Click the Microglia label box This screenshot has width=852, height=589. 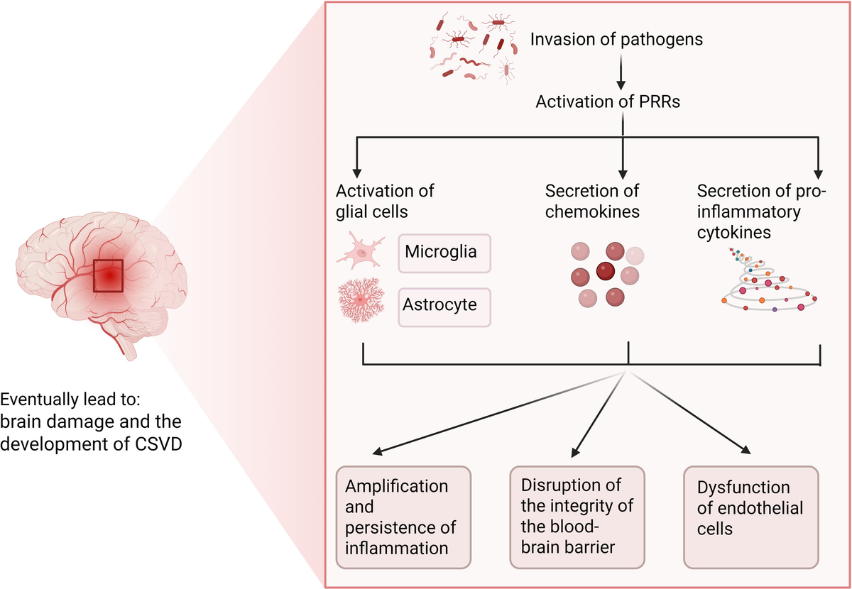tap(444, 253)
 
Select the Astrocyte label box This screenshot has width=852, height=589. tap(444, 307)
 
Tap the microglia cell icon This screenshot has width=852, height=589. tap(361, 253)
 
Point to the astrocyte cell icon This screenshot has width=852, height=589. tap(361, 302)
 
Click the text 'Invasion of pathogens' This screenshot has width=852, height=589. tap(617, 40)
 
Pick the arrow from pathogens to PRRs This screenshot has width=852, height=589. tap(622, 70)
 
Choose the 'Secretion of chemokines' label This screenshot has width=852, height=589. tap(592, 201)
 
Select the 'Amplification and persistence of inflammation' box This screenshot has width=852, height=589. tap(403, 517)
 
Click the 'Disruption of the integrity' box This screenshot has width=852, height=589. tap(577, 517)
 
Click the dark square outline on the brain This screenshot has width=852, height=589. tap(108, 276)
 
